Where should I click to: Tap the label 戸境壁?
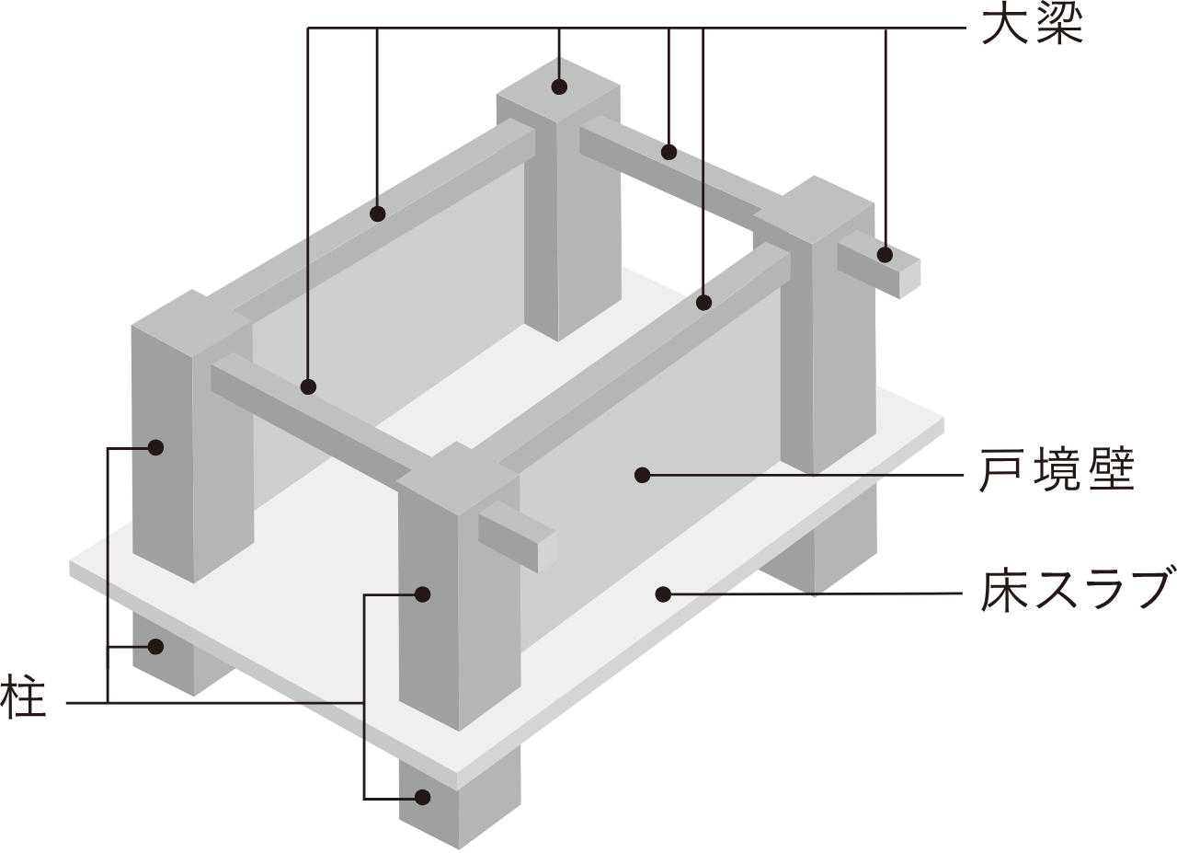pos(1057,469)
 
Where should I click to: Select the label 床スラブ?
pos(1077,594)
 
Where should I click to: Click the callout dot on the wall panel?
pos(642,475)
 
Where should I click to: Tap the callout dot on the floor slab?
pos(663,594)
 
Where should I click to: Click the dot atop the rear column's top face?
pos(560,86)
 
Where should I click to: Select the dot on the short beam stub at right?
pos(886,255)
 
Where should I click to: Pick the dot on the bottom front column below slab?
pos(422,797)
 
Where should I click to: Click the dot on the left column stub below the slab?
pos(155,646)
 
